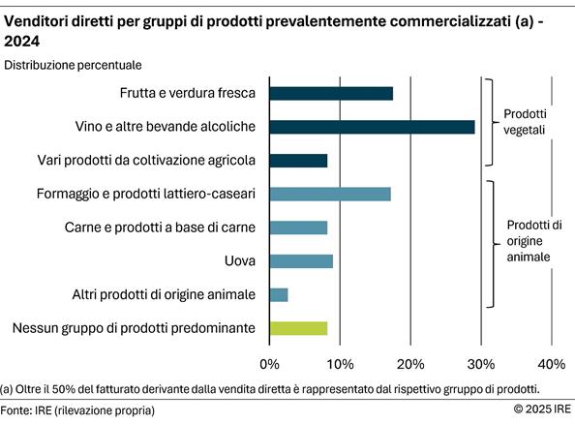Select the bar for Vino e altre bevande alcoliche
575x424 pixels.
point(372,127)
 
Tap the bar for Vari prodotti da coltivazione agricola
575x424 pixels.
point(298,161)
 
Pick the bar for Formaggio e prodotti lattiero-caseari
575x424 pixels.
point(330,194)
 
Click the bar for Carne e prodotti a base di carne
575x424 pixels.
point(298,227)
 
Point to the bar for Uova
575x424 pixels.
point(301,261)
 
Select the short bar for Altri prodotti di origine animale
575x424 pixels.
point(279,294)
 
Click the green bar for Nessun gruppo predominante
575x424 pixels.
point(298,328)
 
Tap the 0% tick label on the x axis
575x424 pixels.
point(270,364)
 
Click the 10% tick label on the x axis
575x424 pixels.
point(340,364)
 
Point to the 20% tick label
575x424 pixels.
point(410,364)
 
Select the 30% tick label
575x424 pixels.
point(481,364)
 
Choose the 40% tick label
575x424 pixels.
point(551,364)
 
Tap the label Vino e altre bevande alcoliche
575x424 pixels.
point(166,127)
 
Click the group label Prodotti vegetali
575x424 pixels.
point(526,121)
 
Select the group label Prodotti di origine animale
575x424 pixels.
point(534,241)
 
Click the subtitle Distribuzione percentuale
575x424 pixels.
point(74,65)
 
